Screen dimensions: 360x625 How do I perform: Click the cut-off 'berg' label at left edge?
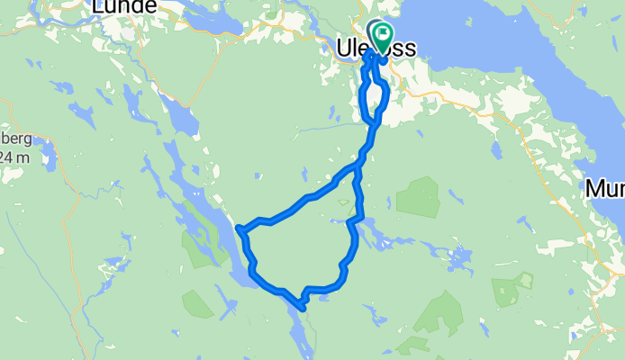point(15,139)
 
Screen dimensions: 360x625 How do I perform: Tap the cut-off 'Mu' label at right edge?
point(604,189)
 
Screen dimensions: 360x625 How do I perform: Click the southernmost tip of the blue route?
point(303,309)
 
